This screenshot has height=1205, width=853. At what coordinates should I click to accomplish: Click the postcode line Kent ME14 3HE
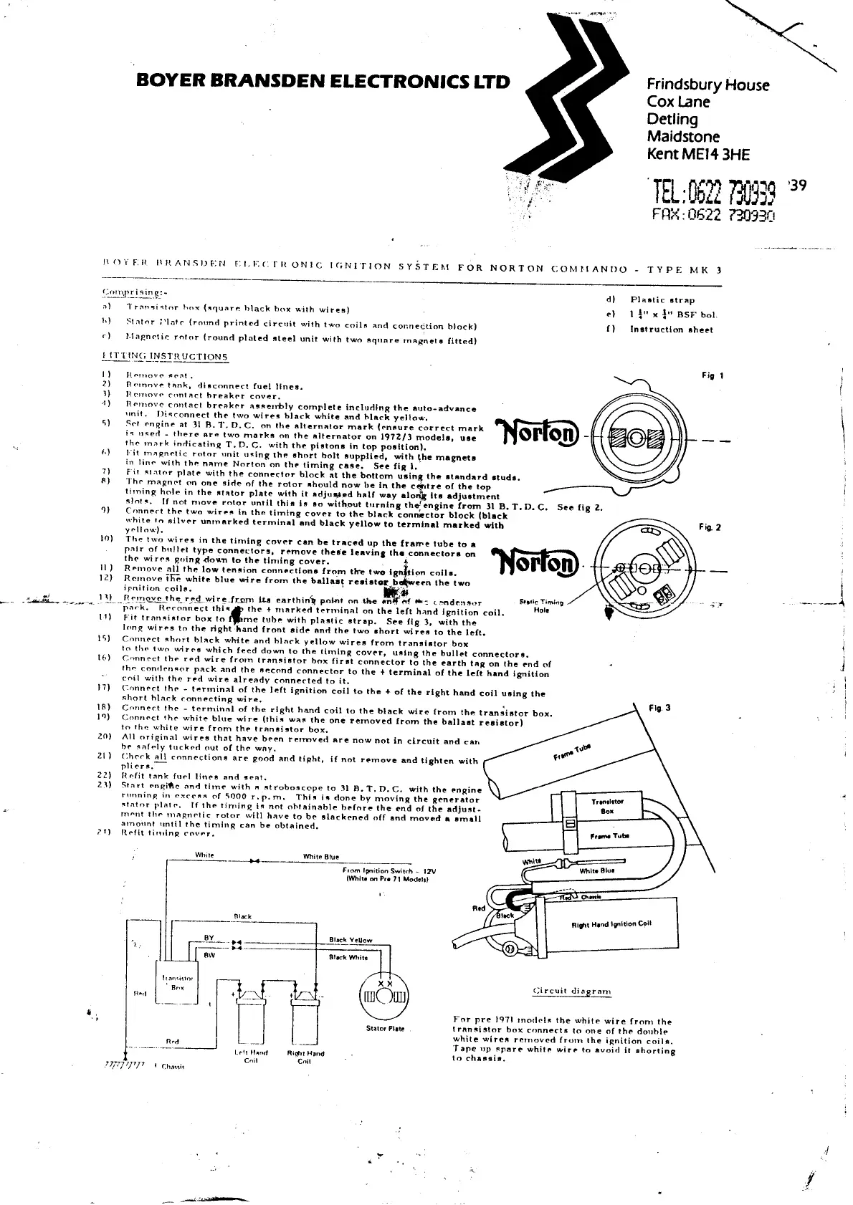click(698, 153)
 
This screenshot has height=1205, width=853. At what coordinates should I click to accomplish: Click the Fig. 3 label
click(659, 708)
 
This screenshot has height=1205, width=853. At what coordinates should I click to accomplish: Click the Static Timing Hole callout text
click(541, 606)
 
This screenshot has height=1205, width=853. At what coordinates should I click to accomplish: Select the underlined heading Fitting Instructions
click(165, 356)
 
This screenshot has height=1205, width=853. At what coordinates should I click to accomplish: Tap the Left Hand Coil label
click(251, 1057)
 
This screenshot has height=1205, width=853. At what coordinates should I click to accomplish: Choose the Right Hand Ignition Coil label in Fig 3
click(611, 924)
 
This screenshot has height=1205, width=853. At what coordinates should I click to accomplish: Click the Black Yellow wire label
click(351, 940)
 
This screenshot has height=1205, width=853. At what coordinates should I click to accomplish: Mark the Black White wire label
click(348, 957)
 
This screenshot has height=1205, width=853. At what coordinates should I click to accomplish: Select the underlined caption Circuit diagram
click(572, 991)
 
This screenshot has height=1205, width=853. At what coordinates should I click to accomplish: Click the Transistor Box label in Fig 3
click(607, 806)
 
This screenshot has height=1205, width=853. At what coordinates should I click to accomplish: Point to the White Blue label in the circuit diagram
click(320, 857)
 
